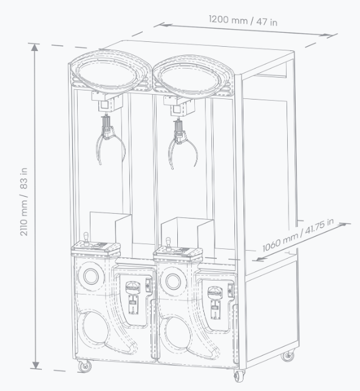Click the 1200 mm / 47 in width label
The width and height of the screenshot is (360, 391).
243,21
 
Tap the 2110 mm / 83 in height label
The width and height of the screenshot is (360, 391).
24,202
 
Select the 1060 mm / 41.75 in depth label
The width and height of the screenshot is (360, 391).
298,235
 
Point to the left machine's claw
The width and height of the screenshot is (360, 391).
110,140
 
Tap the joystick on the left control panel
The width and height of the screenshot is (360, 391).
86,239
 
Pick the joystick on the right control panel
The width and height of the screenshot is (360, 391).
169,244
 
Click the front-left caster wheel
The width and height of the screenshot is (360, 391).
84,366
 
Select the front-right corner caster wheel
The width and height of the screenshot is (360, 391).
240,375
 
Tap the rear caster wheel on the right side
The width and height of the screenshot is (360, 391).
288,355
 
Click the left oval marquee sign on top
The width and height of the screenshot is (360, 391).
110,70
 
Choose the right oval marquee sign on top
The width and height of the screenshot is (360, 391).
194,75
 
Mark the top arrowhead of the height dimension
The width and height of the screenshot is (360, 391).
35,47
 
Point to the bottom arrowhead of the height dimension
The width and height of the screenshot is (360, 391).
36,364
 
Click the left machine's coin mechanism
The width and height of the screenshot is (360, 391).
133,297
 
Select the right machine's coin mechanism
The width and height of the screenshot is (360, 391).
215,302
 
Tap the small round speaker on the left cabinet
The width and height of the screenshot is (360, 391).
91,276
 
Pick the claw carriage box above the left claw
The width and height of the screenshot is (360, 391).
107,102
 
